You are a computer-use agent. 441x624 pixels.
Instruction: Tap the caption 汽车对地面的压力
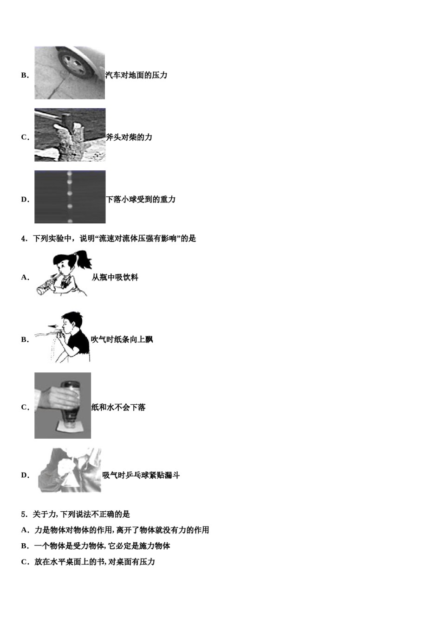click(x=136, y=75)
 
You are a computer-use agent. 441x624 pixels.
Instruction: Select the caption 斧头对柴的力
click(x=129, y=137)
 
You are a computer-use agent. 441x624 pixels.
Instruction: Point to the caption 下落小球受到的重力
click(x=141, y=200)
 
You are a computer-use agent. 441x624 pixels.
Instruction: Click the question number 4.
click(x=23, y=239)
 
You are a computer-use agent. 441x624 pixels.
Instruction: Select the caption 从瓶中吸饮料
click(x=115, y=278)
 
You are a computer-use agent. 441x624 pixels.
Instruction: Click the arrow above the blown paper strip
click(x=54, y=326)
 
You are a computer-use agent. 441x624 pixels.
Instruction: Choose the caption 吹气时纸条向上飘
click(x=122, y=340)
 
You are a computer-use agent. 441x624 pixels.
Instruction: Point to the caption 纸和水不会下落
click(x=118, y=408)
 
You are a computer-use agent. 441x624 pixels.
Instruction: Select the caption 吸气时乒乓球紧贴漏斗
click(x=141, y=475)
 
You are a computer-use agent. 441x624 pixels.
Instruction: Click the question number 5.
click(x=23, y=514)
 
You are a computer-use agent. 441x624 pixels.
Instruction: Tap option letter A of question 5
click(x=24, y=530)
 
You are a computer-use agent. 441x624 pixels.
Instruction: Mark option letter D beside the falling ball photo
click(x=24, y=200)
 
